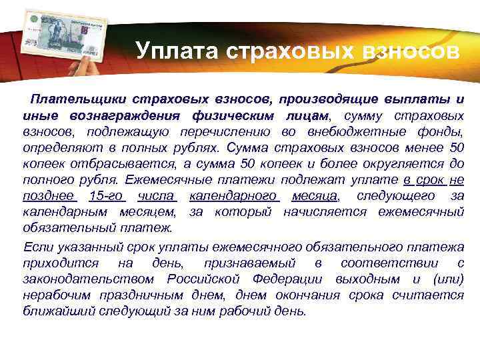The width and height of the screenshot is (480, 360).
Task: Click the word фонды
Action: pos(440,132)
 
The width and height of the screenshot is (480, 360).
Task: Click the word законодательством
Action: pos(91,279)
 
